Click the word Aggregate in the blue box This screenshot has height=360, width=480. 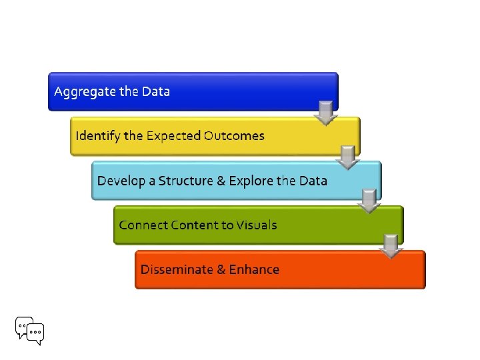(x=85, y=92)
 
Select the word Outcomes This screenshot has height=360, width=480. (x=234, y=136)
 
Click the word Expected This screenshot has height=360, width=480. (x=173, y=137)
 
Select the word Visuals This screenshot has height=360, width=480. (x=256, y=225)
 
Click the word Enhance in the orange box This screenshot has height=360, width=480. (x=254, y=269)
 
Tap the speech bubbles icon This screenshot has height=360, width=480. (x=29, y=330)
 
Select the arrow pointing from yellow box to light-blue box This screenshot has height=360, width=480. (x=347, y=158)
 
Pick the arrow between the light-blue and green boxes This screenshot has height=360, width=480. (x=369, y=202)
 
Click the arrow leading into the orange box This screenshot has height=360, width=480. (x=390, y=245)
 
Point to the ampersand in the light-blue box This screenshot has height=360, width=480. (x=223, y=181)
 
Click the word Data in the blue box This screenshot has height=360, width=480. (x=156, y=91)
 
